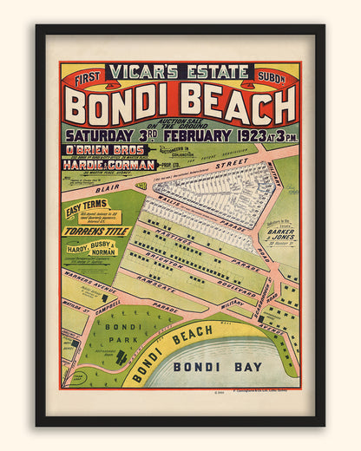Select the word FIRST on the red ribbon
pos(88,79)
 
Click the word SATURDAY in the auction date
pos(98,136)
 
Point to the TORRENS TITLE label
pos(95,232)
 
